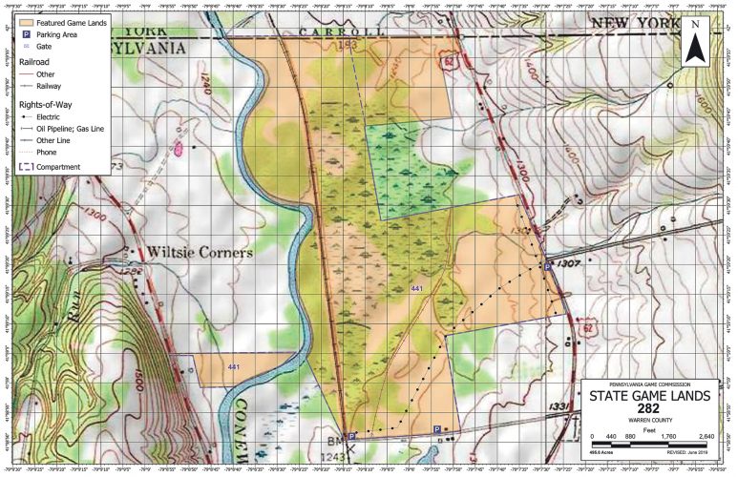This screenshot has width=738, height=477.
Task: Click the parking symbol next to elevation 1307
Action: click(547, 269)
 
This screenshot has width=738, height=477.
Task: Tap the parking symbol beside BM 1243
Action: click(351, 435)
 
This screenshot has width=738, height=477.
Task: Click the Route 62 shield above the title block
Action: click(587, 328)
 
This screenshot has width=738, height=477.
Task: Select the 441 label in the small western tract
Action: click(234, 366)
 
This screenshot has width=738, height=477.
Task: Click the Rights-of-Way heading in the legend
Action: click(47, 103)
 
